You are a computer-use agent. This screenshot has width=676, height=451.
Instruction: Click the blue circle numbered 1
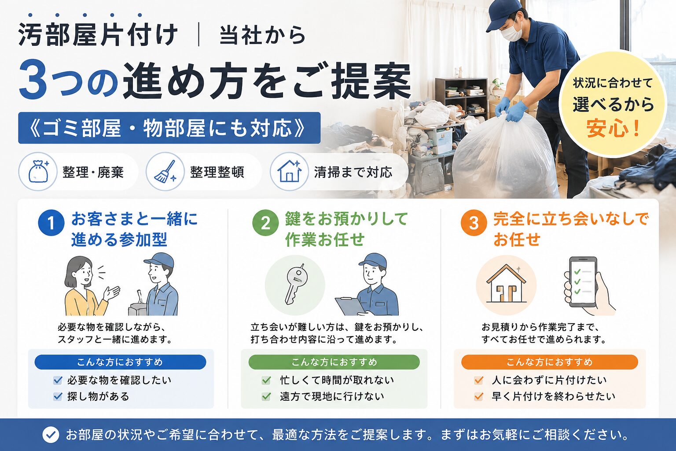click(51, 223)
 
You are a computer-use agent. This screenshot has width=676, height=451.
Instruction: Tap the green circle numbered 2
click(265, 223)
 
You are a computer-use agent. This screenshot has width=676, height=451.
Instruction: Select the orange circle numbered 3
click(474, 223)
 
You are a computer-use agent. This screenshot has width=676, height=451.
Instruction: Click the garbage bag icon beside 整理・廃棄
click(38, 172)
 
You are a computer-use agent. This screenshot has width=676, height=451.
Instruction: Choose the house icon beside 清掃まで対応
click(290, 171)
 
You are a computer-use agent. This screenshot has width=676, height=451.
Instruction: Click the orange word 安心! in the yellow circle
click(613, 128)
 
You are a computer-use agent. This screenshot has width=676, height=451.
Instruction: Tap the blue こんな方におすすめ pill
click(120, 362)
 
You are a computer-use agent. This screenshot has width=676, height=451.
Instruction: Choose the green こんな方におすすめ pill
click(334, 362)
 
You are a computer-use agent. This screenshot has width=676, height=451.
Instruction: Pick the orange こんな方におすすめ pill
click(550, 362)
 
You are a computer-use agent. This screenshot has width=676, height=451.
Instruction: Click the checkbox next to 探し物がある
click(57, 396)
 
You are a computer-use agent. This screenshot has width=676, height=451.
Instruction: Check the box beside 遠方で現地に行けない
click(266, 396)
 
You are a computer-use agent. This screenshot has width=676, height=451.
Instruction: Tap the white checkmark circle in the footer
click(51, 435)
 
